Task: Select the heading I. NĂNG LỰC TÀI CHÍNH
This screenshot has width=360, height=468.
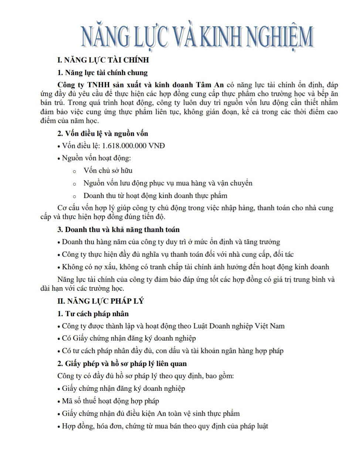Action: [x=103, y=60]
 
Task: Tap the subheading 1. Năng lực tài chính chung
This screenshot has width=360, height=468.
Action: [x=102, y=72]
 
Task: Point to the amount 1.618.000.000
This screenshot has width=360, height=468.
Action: [x=124, y=146]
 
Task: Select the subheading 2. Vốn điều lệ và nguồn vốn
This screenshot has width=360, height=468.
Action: [x=102, y=133]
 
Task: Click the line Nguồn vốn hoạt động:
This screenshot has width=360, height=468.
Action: [x=96, y=158]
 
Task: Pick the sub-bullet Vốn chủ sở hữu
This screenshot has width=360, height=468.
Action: [x=108, y=171]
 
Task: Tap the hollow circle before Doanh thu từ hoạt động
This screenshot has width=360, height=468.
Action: [x=75, y=196]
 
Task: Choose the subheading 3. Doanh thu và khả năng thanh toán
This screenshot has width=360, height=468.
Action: [x=118, y=229]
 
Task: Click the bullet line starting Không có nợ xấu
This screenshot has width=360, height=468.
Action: [x=195, y=267]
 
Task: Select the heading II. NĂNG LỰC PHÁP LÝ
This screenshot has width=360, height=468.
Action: [x=100, y=301]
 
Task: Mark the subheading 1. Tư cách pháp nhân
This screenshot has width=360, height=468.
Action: [x=93, y=314]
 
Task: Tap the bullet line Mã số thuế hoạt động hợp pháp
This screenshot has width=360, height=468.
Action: [x=110, y=401]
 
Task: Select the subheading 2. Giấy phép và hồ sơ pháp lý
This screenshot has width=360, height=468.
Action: [x=122, y=363]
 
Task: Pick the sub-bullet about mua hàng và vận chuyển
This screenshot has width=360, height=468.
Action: [x=168, y=183]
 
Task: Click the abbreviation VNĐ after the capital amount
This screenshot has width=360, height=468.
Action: [x=156, y=146]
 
